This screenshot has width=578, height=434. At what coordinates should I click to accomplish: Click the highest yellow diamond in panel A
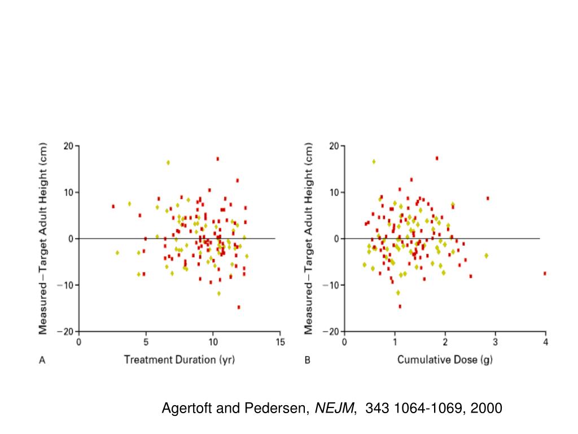[x=168, y=163]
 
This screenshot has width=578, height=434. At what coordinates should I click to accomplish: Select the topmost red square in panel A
[x=217, y=159]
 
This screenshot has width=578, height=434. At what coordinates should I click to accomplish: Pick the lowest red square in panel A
[x=239, y=307]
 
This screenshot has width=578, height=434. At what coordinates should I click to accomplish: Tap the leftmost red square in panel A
[x=113, y=206]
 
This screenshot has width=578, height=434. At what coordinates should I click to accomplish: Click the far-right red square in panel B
[x=545, y=274]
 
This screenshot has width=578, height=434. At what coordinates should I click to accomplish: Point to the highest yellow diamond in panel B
[x=374, y=162]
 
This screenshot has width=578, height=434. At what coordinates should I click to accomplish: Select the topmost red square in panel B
[x=437, y=158]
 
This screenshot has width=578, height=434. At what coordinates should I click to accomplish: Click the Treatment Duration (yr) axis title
[x=179, y=359]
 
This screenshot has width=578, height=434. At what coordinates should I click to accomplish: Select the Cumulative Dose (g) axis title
[x=445, y=359]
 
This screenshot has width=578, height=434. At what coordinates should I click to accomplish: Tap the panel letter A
[x=42, y=360]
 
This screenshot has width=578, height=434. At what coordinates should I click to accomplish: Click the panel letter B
[x=308, y=360]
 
